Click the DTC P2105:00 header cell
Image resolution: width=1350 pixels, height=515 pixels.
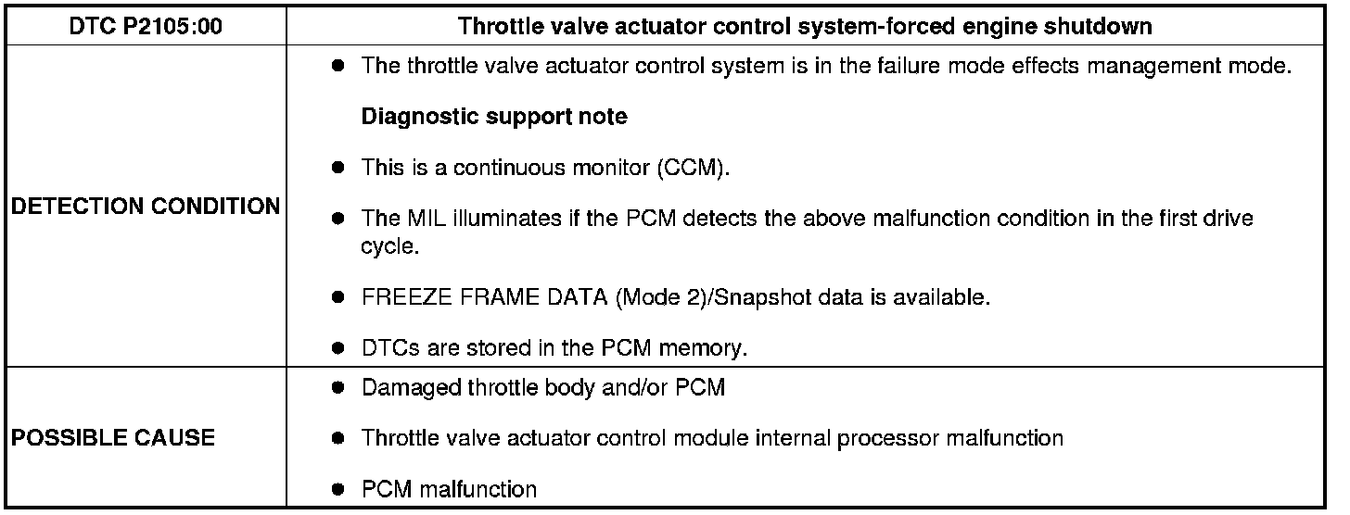pos(146,26)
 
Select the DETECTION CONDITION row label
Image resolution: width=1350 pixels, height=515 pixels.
pos(146,206)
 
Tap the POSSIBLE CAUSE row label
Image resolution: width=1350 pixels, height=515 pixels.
pos(112,437)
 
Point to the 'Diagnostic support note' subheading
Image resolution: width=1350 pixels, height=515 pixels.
pos(493,117)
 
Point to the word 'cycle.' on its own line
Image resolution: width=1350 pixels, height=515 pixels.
pos(386,247)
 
